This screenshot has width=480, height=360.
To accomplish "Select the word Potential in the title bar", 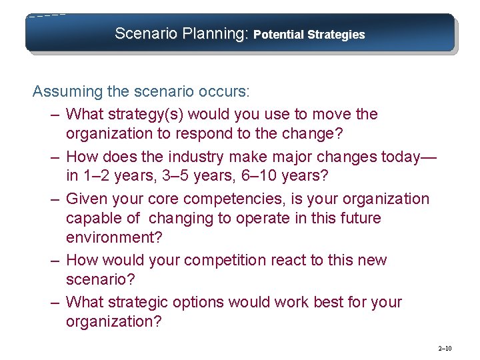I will pyautogui.click(x=279, y=35).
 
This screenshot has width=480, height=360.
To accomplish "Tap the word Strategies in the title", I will pyautogui.click(x=337, y=35).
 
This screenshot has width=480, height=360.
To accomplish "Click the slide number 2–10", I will pyautogui.click(x=445, y=349).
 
